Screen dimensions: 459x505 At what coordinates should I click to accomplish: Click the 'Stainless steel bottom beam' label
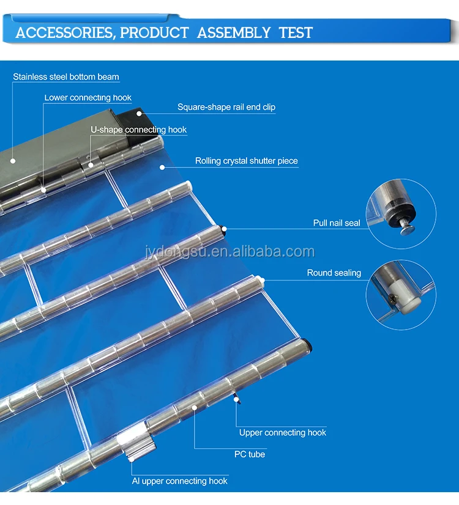click(66, 77)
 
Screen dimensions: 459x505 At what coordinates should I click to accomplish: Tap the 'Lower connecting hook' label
click(88, 98)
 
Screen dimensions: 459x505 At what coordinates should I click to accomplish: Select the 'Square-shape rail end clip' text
click(226, 107)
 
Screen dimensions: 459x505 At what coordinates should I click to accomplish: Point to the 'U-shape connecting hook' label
click(138, 130)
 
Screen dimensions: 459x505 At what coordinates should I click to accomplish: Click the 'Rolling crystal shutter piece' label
click(247, 161)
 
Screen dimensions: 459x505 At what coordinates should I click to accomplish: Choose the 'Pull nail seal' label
click(337, 223)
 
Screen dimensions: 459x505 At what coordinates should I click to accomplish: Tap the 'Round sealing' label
click(334, 273)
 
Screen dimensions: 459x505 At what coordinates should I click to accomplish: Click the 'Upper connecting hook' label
click(283, 432)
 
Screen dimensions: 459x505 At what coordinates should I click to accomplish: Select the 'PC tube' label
click(250, 454)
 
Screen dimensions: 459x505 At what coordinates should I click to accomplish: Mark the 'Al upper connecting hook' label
click(179, 481)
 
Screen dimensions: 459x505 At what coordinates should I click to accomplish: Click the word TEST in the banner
click(296, 33)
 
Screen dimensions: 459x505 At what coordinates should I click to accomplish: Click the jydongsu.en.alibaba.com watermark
click(230, 251)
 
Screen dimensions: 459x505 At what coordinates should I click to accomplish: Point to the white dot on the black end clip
click(139, 113)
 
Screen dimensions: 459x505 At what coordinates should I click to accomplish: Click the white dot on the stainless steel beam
click(13, 161)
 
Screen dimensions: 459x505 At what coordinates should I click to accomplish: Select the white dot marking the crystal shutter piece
click(162, 167)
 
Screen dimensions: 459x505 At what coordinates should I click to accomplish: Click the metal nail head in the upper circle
click(408, 230)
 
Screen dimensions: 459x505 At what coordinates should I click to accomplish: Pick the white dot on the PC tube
click(195, 407)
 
